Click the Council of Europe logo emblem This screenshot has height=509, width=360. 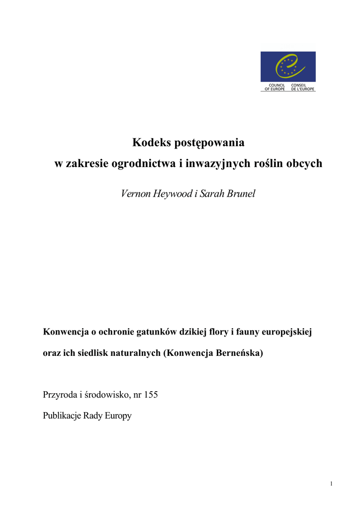[x=288, y=67]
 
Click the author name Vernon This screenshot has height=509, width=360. [x=136, y=194]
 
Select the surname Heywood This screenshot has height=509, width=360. [x=173, y=194]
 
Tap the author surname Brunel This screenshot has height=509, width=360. [x=241, y=194]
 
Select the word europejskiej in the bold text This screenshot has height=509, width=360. [x=285, y=331]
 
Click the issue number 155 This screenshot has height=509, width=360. [x=151, y=396]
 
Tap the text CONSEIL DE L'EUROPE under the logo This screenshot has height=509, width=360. [x=303, y=87]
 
